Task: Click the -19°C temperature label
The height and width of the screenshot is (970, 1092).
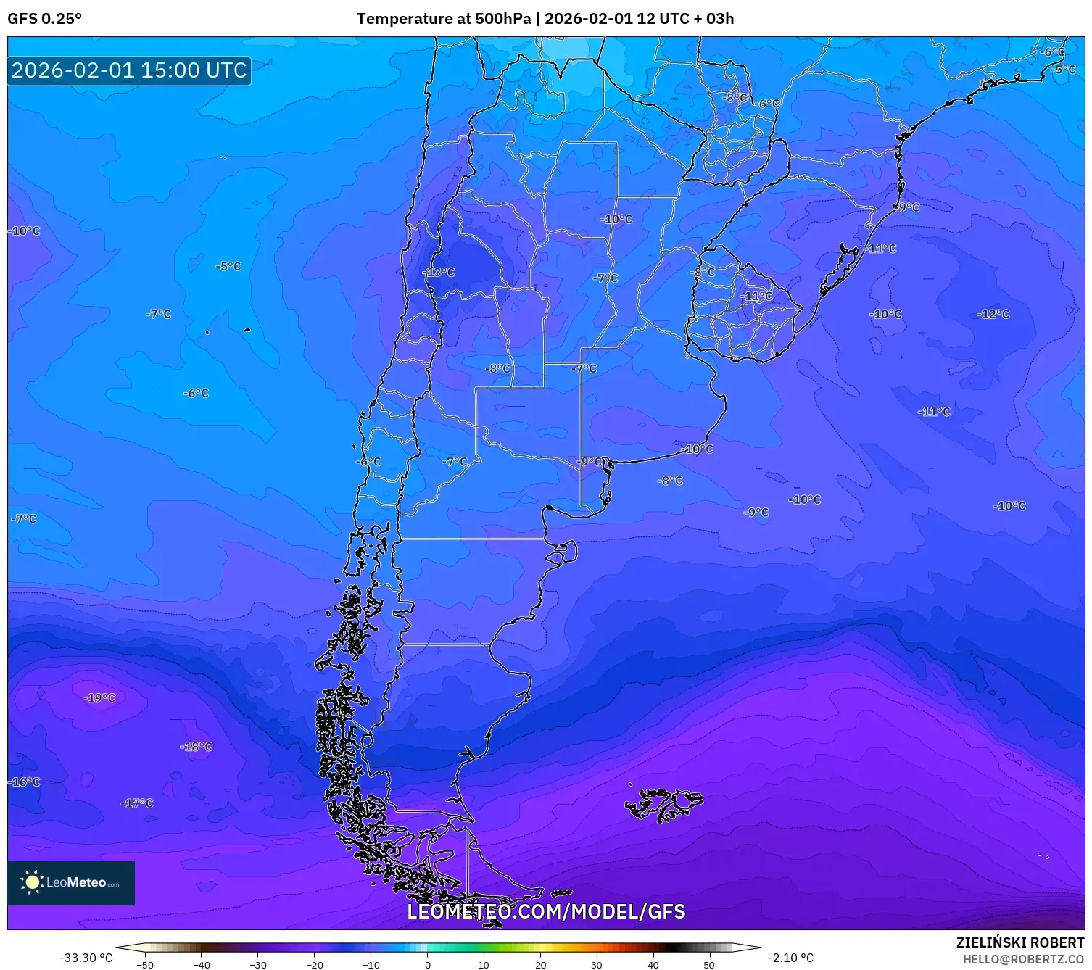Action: click(99, 698)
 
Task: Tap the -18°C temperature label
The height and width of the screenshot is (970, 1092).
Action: click(197, 747)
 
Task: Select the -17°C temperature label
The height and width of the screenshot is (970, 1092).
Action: click(137, 803)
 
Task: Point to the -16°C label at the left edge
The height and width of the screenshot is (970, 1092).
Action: click(24, 782)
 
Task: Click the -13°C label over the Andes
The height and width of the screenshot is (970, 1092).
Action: click(439, 273)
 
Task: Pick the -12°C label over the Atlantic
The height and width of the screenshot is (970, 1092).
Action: click(993, 314)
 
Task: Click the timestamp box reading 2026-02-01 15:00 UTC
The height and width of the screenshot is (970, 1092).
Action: click(129, 70)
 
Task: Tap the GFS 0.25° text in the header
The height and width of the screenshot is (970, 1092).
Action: click(44, 19)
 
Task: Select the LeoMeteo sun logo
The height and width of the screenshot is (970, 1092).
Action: click(33, 882)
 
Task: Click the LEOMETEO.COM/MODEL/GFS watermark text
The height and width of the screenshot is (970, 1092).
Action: click(546, 911)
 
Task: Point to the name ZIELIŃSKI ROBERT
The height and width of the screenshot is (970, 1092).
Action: click(1020, 942)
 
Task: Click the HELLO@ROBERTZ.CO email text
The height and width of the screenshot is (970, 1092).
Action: click(1023, 959)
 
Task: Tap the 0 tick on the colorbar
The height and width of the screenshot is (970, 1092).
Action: click(428, 964)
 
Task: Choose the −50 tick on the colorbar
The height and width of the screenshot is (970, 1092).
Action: click(145, 964)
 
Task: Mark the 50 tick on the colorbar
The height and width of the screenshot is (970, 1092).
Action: click(709, 964)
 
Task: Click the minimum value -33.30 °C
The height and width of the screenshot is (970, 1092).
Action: click(86, 958)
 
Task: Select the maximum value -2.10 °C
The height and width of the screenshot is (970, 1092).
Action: click(790, 958)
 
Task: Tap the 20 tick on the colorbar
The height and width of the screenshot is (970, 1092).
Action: click(540, 964)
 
